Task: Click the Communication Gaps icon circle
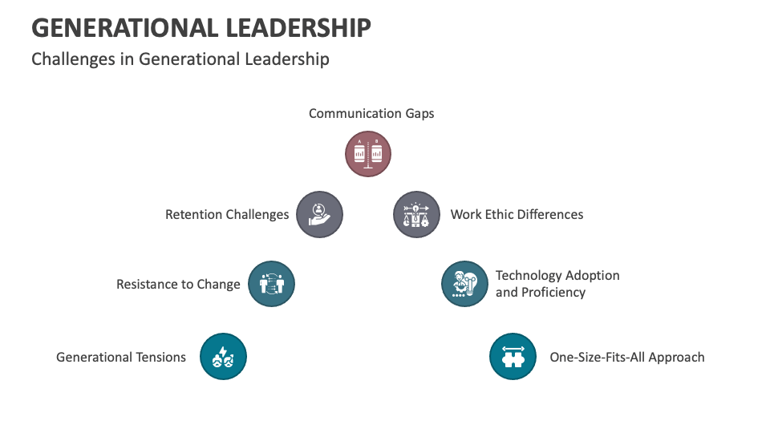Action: click(368, 154)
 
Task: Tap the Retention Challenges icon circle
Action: click(319, 214)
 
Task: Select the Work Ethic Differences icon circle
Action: click(416, 214)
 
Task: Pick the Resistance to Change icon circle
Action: click(271, 284)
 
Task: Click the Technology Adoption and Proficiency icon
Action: click(465, 284)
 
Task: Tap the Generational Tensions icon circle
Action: click(223, 356)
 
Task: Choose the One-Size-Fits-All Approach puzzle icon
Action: click(513, 356)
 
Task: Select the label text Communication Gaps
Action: click(371, 113)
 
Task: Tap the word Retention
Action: click(193, 214)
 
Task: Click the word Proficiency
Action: click(553, 292)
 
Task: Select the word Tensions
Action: click(157, 357)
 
